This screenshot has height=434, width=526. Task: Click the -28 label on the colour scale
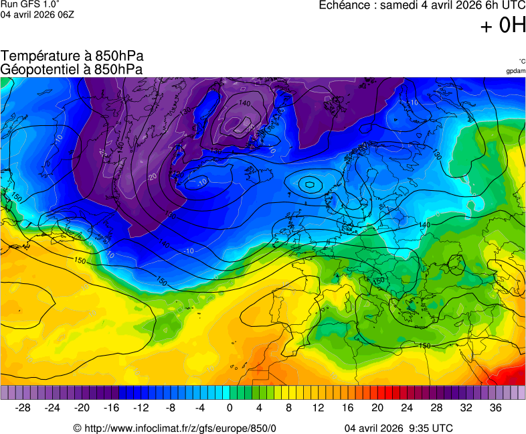point(23,408)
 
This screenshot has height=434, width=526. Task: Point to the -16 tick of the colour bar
point(111,408)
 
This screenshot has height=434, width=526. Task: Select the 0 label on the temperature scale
point(230,408)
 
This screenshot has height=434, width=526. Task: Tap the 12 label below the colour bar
point(318,408)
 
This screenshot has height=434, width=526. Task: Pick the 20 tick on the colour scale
point(377,408)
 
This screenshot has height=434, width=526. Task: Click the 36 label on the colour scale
point(495,408)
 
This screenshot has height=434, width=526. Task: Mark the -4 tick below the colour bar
point(200,408)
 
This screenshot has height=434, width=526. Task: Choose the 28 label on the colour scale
point(436,408)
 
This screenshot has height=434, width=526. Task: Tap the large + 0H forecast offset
point(503,25)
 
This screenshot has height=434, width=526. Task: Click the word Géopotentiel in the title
point(44,69)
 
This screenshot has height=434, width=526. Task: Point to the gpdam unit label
point(515,71)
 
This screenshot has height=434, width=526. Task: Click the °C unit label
point(521,61)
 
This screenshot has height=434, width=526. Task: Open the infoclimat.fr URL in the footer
point(180,429)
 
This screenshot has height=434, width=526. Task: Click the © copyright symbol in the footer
point(77,429)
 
